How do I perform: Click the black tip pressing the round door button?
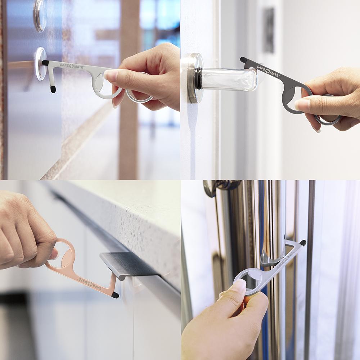point(45,63)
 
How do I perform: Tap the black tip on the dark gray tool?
point(244,59)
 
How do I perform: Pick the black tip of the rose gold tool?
point(115,295)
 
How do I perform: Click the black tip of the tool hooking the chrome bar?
point(303,243)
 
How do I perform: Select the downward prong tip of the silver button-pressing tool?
point(53,89)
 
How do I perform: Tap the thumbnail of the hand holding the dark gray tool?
point(302,105)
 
